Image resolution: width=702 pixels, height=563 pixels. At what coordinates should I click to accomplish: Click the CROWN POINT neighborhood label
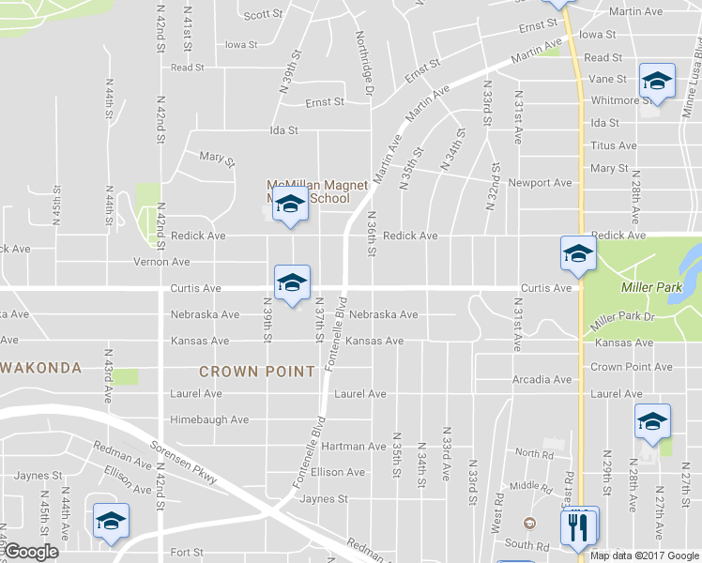(256, 372)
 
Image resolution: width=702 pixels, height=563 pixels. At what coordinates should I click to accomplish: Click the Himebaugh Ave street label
(209, 419)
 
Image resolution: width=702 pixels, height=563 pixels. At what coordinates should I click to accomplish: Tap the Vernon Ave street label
(162, 262)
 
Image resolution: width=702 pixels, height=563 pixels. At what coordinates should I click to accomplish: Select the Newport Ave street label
(540, 183)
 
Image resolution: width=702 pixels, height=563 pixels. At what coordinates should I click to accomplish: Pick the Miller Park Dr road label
(620, 321)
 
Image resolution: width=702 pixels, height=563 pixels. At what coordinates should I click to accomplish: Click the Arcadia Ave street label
(542, 380)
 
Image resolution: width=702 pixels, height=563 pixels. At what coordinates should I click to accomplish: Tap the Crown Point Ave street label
(632, 367)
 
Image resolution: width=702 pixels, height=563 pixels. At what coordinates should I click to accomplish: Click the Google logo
(31, 553)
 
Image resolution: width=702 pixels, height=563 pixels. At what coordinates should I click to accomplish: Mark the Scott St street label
(263, 15)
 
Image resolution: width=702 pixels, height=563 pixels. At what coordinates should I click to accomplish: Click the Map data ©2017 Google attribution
(644, 555)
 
